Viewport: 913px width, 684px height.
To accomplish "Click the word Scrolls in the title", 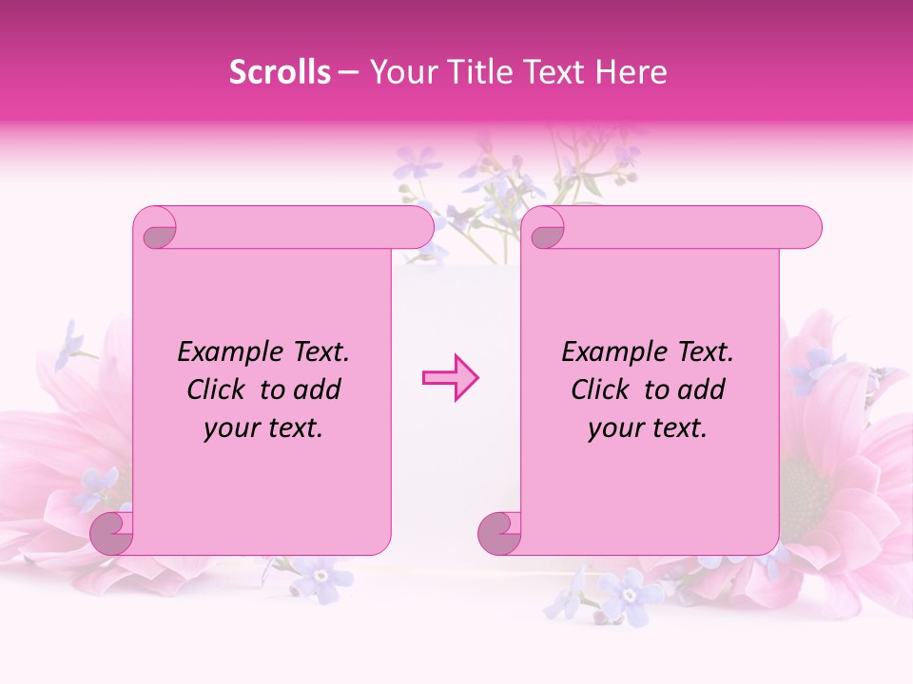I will pos(280,72).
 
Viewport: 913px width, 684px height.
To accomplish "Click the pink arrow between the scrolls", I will pos(450,378).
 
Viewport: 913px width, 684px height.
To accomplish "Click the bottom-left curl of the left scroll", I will pos(111,534).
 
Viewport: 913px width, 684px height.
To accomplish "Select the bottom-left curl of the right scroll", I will pos(499,534).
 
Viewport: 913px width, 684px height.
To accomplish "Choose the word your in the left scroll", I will pos(229,428).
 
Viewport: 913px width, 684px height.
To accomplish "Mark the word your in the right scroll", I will pos(613,428).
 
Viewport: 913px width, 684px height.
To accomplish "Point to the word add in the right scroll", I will pos(704,390).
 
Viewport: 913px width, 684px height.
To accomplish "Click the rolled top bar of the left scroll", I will pos(295,228).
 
